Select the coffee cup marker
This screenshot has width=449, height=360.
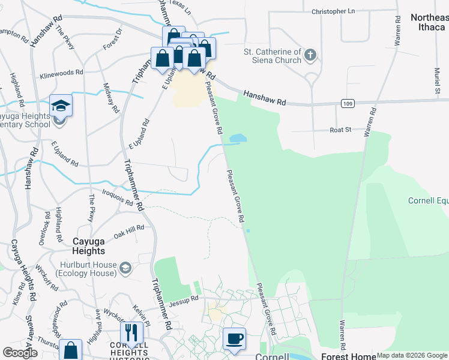[x=234, y=339]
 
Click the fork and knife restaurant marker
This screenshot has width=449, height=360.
[x=131, y=333]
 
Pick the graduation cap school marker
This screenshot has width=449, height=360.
[x=61, y=106]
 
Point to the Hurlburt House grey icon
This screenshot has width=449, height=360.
[x=125, y=266]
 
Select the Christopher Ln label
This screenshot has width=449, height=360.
[x=333, y=11]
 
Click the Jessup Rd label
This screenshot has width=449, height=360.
[x=183, y=299]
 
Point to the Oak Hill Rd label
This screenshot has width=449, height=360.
[x=129, y=230]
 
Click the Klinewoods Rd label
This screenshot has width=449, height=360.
[x=61, y=73]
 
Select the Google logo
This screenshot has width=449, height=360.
[x=20, y=353]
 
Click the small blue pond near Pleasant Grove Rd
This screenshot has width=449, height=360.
[x=238, y=139]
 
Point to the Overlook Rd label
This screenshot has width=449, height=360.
[x=44, y=228]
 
